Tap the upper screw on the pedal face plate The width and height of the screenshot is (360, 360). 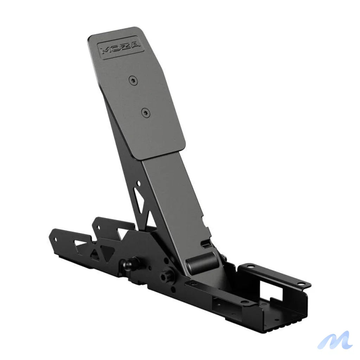133,81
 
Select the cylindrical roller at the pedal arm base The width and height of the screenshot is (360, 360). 201,263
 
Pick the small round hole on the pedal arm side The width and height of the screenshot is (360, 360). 138,184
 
